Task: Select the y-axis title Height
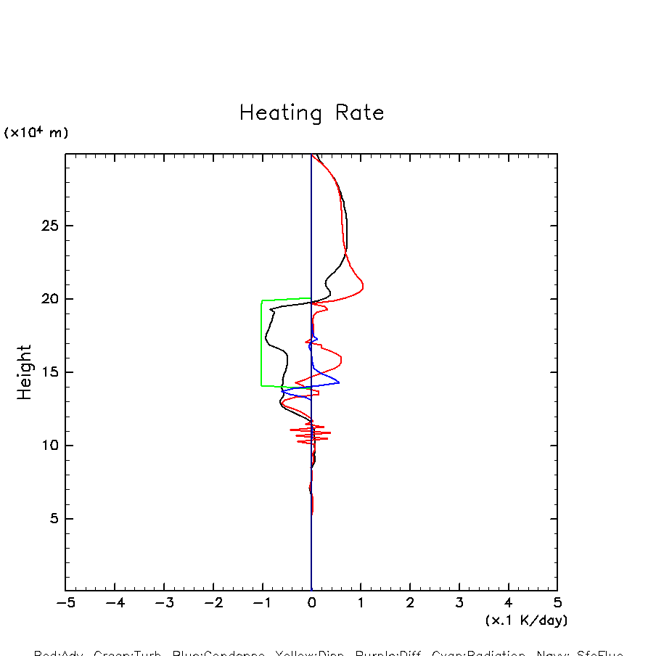click(x=25, y=372)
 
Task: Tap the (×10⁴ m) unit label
click(x=36, y=133)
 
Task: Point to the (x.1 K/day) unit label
click(x=526, y=620)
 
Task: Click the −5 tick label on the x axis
click(x=65, y=604)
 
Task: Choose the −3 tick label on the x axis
click(x=164, y=604)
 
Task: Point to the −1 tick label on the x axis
click(x=262, y=604)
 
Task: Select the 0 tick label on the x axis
click(x=311, y=604)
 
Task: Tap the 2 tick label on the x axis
click(x=410, y=604)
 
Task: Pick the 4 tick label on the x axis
click(x=508, y=604)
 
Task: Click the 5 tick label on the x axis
click(x=557, y=604)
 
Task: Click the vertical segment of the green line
click(x=261, y=341)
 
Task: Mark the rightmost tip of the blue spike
click(x=339, y=382)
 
